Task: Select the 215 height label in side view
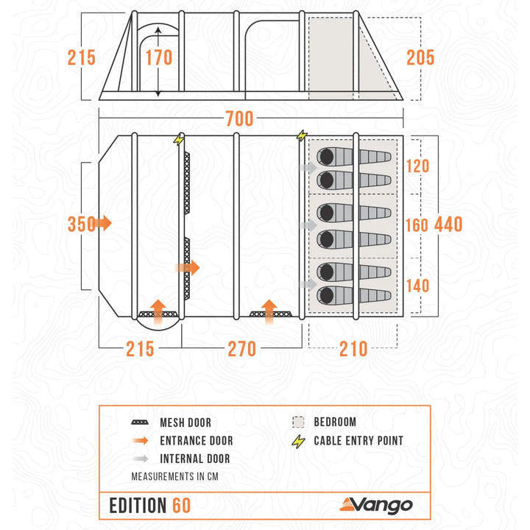coord(82,57)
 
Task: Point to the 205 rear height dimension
coord(420,57)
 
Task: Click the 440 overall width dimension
coord(448,223)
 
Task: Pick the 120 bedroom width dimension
coord(417,166)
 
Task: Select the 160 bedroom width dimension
coord(417,223)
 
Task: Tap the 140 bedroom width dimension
coord(417,285)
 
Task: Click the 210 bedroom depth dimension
coord(353,348)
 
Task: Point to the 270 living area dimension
coord(241,348)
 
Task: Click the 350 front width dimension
coord(81,223)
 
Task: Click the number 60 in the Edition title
coord(181,506)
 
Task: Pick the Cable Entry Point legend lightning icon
coord(298,441)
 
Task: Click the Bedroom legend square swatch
coord(298,423)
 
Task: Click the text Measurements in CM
coord(174,476)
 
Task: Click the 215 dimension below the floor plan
coord(139,348)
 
